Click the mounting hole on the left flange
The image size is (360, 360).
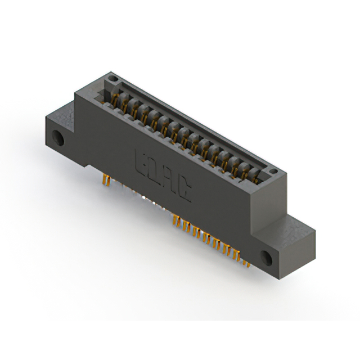(57, 137)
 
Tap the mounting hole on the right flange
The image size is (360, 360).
(267, 258)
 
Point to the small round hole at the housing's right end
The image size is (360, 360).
(273, 170)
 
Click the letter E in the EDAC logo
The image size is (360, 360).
(141, 159)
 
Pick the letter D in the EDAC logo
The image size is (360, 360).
(155, 171)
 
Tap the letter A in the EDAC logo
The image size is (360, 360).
(171, 183)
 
